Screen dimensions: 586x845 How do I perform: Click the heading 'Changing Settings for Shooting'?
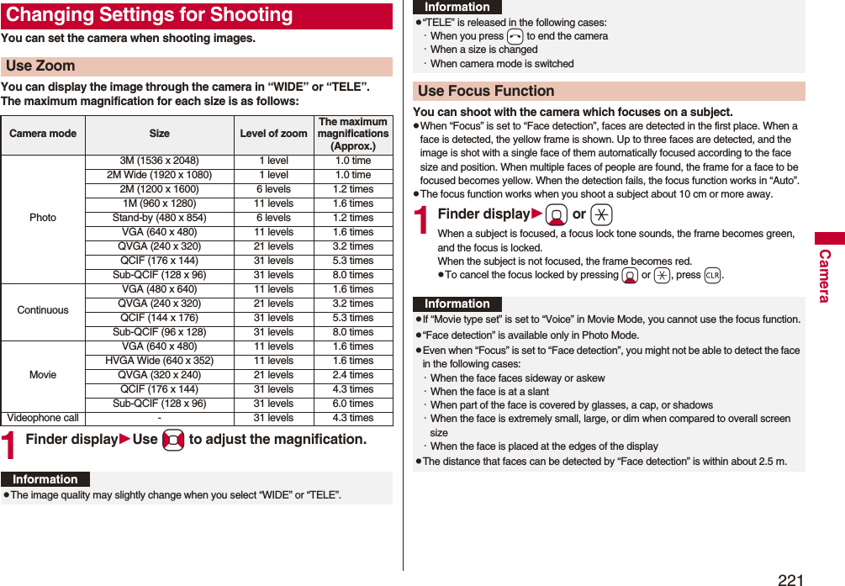tap(149, 15)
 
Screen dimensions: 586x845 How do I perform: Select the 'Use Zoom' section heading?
tap(40, 66)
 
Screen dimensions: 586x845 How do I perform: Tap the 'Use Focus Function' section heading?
tap(486, 91)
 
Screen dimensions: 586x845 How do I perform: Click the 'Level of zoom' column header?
tap(273, 134)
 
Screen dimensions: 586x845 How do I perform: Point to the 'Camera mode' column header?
tap(43, 134)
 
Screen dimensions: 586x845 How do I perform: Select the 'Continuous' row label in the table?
tap(43, 310)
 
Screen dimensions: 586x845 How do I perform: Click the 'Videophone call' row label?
tap(43, 418)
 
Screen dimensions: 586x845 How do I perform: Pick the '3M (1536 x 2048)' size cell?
tap(159, 161)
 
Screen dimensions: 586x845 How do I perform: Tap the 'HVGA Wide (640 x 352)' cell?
tap(159, 361)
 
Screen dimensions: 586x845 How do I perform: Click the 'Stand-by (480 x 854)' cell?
tap(159, 218)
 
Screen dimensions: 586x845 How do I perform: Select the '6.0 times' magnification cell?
tap(353, 404)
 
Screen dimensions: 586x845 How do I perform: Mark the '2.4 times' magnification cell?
tap(353, 375)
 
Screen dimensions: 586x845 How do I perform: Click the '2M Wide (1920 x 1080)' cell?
tap(159, 175)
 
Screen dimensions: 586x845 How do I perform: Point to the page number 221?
tap(790, 579)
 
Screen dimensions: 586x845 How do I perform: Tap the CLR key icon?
tap(712, 276)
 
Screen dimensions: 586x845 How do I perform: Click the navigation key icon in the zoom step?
tap(173, 441)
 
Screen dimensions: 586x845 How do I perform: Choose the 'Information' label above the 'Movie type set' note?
tap(457, 304)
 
